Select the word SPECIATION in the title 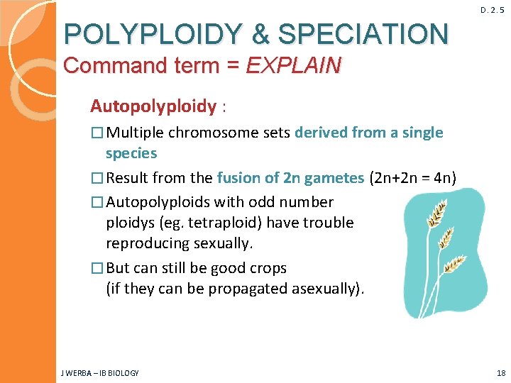(363, 33)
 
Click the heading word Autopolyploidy (153, 106)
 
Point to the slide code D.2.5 (493, 10)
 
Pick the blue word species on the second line (131, 153)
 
